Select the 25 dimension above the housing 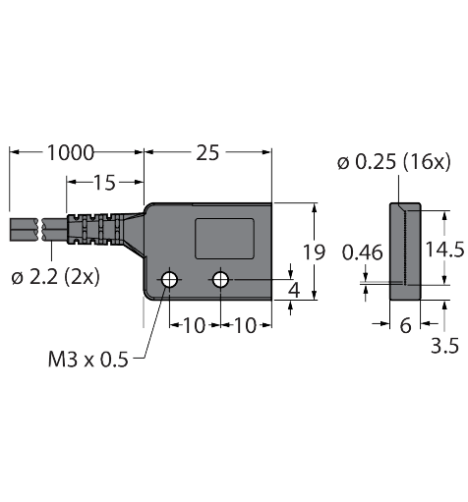207,152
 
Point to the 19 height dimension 313,252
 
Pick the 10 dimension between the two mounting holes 195,325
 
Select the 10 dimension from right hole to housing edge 245,325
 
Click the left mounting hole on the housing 170,281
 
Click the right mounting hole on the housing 220,281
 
